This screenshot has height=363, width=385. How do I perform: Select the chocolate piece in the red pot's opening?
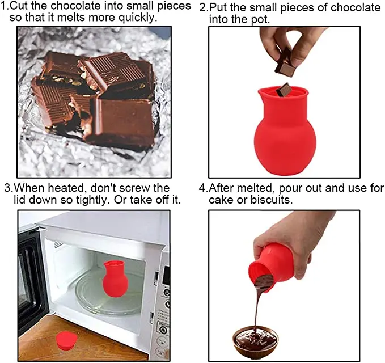(285, 90)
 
